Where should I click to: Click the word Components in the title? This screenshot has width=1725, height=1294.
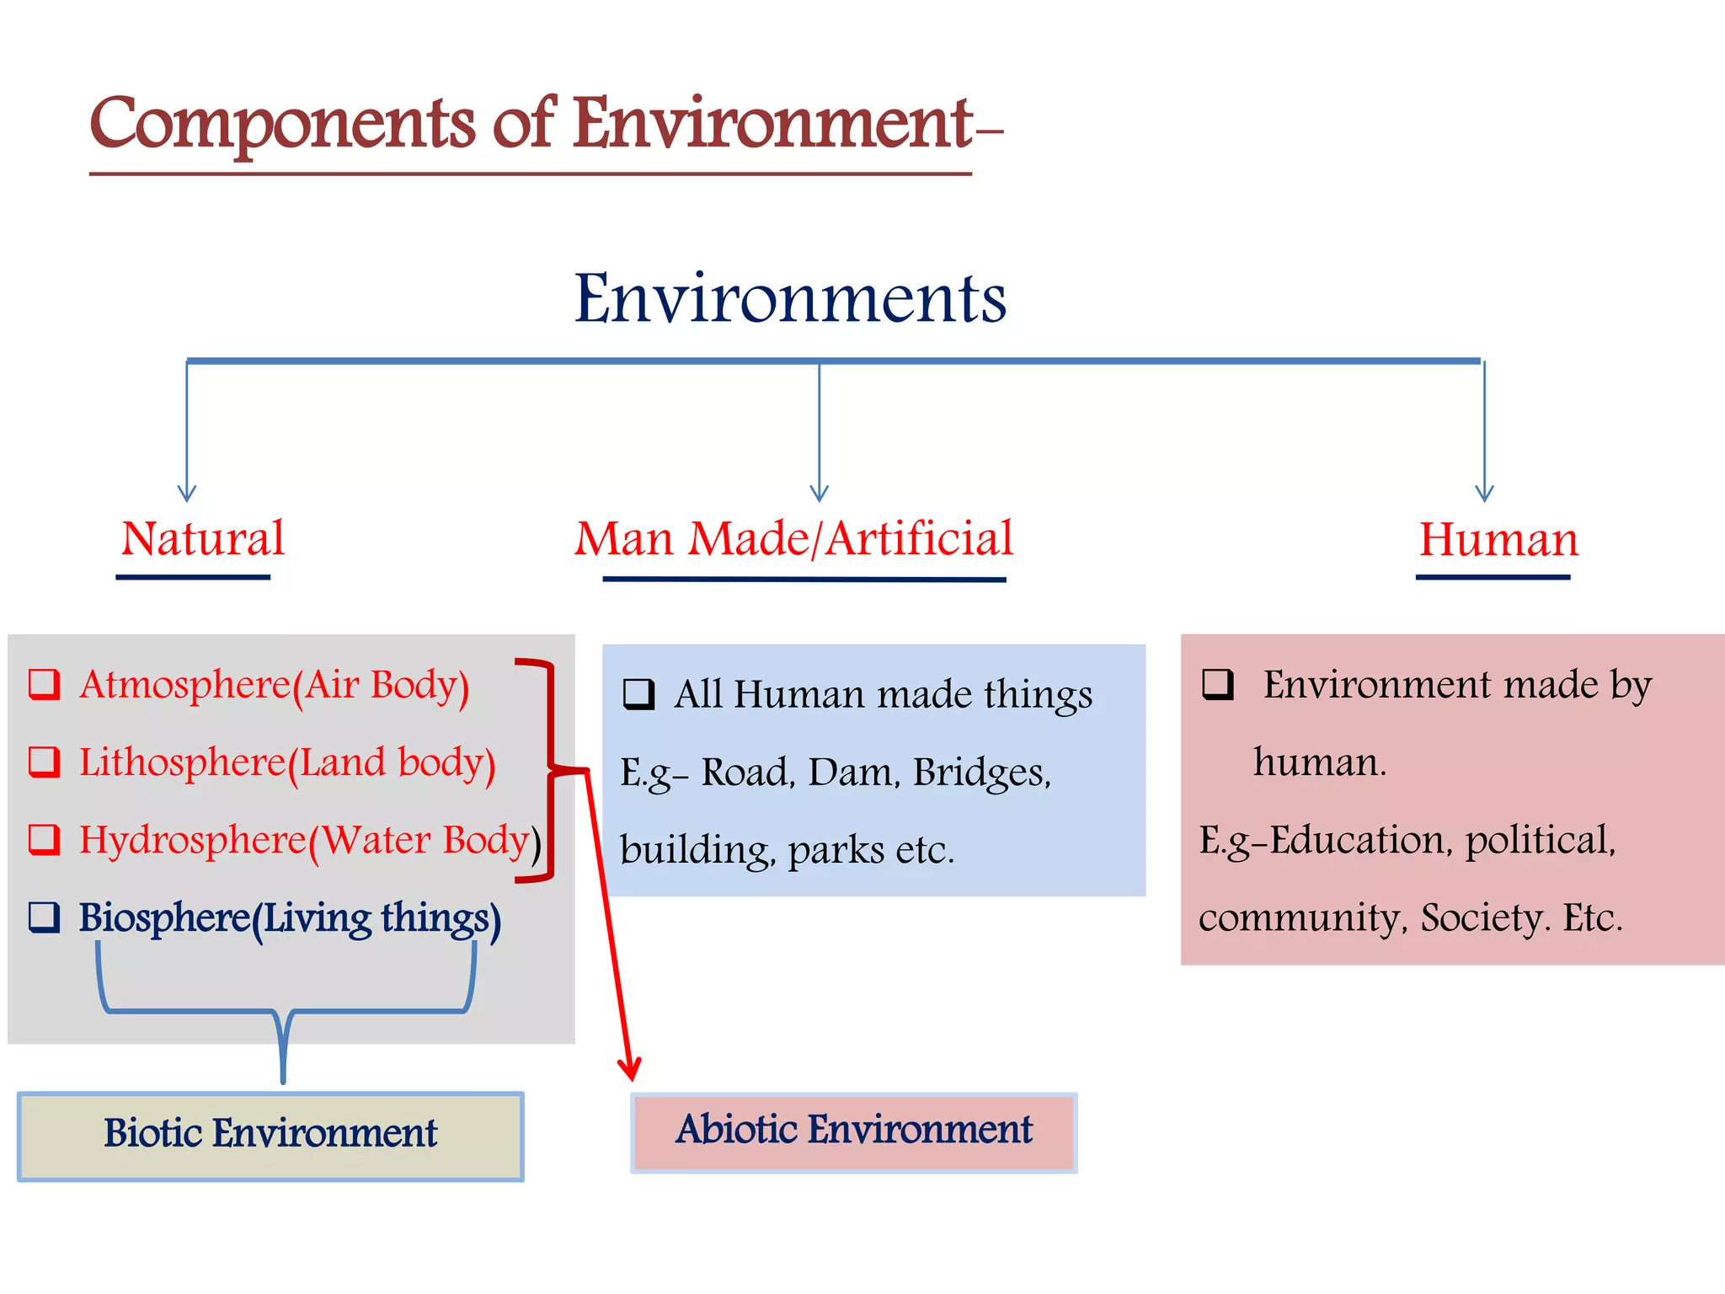point(282,125)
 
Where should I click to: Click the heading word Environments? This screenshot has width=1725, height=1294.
point(790,298)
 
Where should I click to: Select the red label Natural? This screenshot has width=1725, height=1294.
point(202,538)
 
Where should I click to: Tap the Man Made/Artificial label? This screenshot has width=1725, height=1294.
point(793,538)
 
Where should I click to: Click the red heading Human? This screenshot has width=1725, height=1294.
point(1498,539)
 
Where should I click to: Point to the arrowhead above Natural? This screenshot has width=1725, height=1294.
point(187,495)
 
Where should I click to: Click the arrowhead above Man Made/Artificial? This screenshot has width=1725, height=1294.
point(819,495)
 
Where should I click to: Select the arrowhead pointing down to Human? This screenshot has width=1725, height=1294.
point(1484,495)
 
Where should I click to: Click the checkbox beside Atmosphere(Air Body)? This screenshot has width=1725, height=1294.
point(44,684)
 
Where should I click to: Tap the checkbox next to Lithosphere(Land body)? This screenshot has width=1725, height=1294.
point(44,762)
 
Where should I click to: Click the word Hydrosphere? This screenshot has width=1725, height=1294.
point(192,841)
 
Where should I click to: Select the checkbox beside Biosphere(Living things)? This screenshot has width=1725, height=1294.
point(44,917)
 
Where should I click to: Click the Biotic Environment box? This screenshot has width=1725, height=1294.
point(270,1136)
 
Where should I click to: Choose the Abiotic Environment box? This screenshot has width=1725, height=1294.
point(853,1132)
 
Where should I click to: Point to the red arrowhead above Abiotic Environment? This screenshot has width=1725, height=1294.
point(629,1070)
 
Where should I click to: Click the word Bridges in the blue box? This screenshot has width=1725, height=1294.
point(981,773)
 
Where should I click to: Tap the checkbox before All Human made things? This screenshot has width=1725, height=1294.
point(638,694)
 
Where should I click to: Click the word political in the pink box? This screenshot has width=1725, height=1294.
point(1540,841)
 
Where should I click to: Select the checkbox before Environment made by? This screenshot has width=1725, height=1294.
point(1218,684)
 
